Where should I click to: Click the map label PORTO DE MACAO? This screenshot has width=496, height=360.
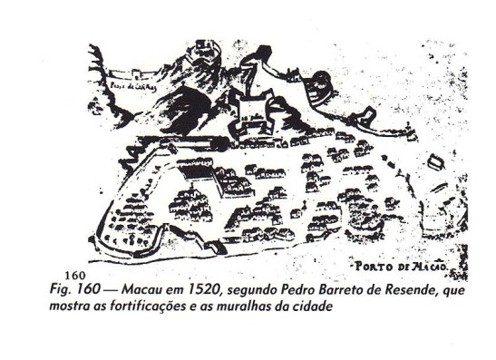point(399,266)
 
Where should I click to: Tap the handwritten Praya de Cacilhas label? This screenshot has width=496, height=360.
point(132,86)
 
